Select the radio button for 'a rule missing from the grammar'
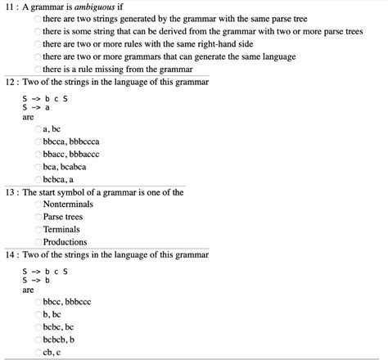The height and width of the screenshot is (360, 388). point(38,70)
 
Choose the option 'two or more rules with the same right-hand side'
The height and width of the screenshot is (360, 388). point(38,43)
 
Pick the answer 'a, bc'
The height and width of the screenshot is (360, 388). point(38,129)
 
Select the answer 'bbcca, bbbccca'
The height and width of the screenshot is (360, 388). point(38,142)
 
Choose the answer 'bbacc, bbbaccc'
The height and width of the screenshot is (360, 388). point(38,155)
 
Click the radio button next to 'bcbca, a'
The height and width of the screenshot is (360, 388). point(38,180)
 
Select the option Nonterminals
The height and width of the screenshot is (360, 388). point(38,204)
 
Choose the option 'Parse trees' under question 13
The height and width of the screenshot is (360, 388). point(38,217)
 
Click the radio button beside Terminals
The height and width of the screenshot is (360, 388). point(38,230)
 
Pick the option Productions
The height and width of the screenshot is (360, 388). point(38,242)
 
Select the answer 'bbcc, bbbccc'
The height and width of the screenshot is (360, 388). point(38,302)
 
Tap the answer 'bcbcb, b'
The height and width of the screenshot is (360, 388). point(38,340)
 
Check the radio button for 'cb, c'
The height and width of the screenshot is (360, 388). point(38,353)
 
